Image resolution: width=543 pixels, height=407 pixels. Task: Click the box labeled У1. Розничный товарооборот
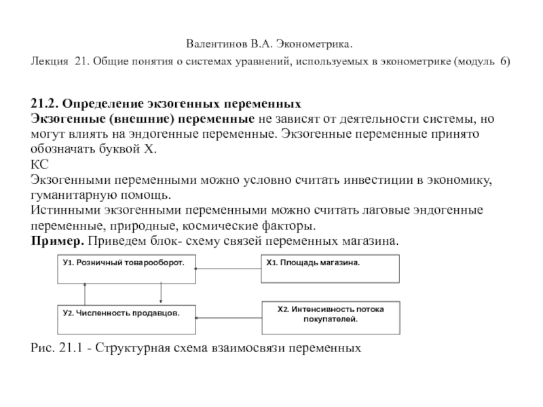point(125,269)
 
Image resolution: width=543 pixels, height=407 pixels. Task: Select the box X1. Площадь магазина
point(330,269)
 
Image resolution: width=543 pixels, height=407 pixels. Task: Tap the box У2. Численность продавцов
point(125,317)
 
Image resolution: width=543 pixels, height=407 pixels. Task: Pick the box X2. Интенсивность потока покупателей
point(330,316)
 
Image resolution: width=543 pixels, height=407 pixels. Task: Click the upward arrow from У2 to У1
point(84,292)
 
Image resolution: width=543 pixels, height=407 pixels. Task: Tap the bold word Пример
point(55,241)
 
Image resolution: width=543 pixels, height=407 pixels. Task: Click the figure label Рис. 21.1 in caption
point(59,348)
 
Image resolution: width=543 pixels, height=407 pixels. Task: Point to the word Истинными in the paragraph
point(62,211)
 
